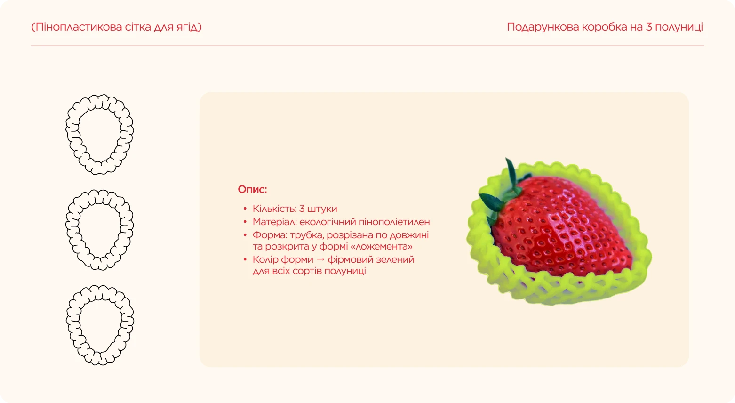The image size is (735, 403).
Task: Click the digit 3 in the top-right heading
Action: [x=649, y=27]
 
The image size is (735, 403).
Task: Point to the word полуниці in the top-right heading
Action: [x=679, y=27]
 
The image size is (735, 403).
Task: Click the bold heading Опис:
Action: [x=252, y=189]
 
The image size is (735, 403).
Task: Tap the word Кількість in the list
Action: [x=274, y=209]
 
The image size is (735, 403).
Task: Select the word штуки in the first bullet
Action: [x=322, y=209]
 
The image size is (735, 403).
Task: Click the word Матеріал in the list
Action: [x=275, y=222]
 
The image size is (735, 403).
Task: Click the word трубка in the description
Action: [x=306, y=235]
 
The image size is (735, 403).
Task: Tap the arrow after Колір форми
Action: [x=320, y=259]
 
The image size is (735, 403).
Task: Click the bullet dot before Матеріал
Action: [x=245, y=222]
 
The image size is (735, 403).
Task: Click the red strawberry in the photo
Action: [x=561, y=226]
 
